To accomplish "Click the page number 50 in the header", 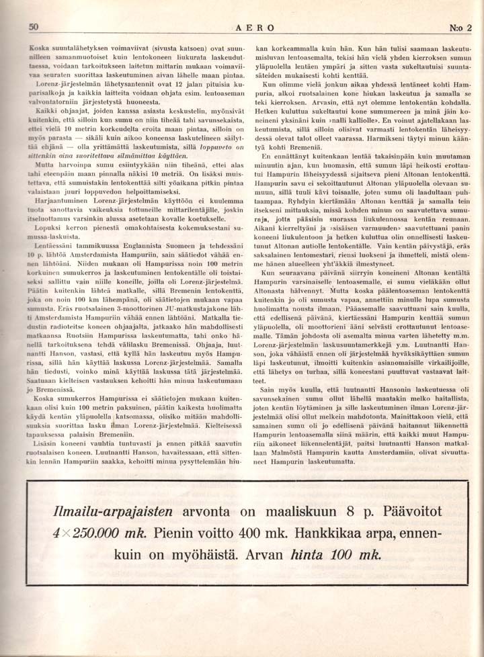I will (34, 27).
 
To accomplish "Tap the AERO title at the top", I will (255, 28).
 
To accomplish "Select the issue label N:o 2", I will (460, 28).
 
